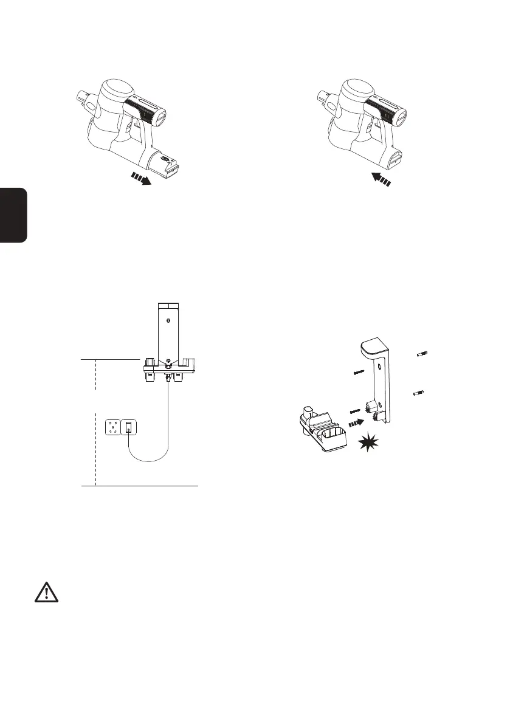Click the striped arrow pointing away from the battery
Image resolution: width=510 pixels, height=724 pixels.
click(142, 180)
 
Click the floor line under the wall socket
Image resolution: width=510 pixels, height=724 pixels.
click(140, 486)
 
